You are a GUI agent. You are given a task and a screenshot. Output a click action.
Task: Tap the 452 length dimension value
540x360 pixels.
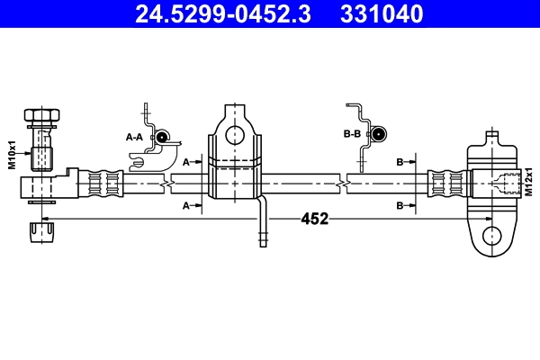[314, 219]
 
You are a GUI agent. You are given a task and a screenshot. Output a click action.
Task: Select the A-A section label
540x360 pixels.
[134, 137]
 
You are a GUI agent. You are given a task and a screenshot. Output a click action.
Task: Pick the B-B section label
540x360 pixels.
[352, 133]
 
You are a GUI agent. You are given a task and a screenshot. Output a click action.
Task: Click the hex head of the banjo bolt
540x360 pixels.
[41, 117]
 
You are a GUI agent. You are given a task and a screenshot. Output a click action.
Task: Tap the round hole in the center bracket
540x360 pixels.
[235, 135]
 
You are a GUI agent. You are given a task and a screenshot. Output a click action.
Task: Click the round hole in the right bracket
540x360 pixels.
[491, 236]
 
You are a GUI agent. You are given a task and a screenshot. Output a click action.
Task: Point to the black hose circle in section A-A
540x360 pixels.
[163, 137]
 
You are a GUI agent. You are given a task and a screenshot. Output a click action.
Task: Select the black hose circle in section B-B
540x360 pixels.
[378, 133]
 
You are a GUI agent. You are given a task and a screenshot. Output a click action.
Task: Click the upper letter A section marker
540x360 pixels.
[186, 162]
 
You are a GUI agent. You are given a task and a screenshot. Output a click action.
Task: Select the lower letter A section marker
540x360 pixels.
[186, 206]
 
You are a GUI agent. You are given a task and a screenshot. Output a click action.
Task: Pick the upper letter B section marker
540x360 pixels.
[400, 162]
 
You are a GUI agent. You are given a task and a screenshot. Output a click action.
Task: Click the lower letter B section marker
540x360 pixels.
[400, 206]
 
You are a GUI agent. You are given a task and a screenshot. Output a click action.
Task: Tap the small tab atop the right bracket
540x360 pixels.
[491, 139]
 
